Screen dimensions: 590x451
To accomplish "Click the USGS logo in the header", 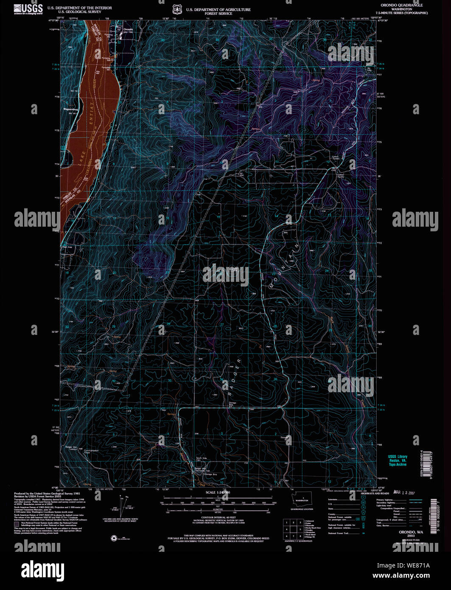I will tap(28, 9).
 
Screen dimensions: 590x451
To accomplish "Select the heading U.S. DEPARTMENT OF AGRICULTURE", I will tap(218, 9).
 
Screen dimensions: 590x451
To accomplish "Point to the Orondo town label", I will tap(128, 29).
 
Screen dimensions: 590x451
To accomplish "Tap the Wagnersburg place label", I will tap(71, 109).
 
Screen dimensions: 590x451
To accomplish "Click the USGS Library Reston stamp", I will tap(398, 461).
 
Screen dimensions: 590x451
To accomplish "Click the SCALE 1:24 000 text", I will tap(218, 492).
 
